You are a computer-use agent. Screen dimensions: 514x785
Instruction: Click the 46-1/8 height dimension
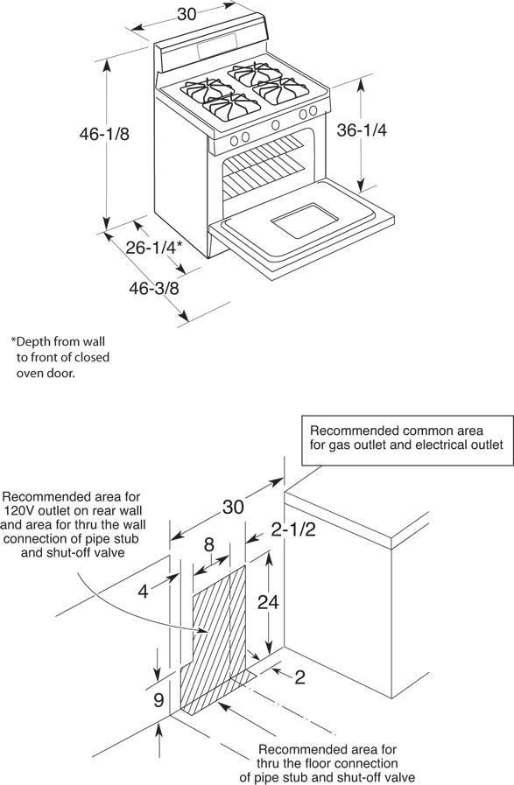tap(104, 134)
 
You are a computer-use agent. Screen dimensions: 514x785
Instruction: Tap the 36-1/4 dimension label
tap(362, 130)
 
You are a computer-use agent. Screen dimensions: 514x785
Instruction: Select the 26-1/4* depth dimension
tap(153, 247)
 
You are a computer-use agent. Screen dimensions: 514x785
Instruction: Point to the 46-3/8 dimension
tap(154, 289)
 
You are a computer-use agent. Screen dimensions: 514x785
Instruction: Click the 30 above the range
tap(187, 15)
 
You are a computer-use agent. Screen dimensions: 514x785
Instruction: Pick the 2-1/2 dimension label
tap(293, 529)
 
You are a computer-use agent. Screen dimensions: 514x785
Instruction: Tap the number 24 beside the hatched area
tap(268, 602)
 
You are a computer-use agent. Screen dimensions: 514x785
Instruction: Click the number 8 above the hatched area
tap(209, 544)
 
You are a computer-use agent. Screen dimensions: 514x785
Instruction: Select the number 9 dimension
tap(158, 700)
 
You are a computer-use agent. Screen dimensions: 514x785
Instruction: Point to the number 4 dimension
tap(144, 592)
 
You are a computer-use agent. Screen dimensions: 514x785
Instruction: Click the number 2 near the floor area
tap(300, 677)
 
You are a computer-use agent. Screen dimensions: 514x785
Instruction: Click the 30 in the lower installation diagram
tap(233, 508)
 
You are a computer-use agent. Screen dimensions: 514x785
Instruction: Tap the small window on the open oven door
tap(305, 220)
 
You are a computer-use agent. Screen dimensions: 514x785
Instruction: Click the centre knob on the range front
tap(275, 124)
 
